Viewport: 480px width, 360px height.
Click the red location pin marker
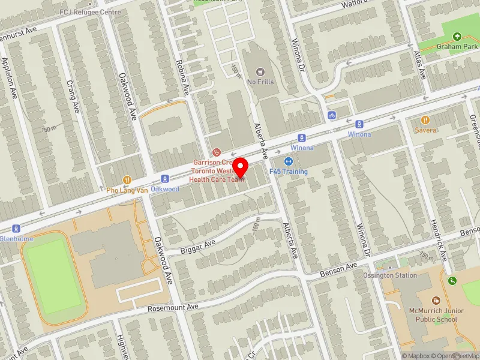(241, 167)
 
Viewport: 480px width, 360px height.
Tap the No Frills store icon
(260, 72)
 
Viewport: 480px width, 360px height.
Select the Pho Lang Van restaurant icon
(127, 179)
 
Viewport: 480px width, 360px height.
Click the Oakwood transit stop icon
(164, 179)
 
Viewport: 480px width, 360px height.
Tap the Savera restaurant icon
(425, 120)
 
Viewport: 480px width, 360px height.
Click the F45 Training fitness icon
(289, 161)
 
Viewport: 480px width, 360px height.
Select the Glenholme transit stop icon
(16, 228)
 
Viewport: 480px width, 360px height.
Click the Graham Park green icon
(457, 37)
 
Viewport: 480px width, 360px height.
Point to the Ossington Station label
(390, 275)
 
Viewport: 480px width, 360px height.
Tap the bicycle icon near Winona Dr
(331, 115)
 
